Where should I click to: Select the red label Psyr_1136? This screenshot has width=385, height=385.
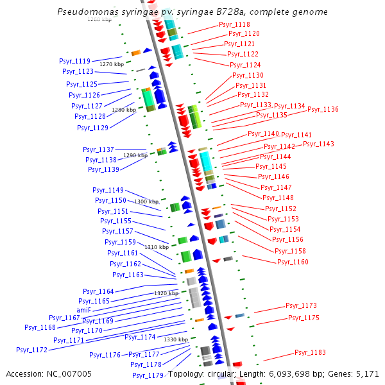tap(323, 109)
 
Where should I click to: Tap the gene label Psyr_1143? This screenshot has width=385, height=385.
tap(318, 144)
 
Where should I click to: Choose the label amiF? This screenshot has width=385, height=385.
tap(93, 309)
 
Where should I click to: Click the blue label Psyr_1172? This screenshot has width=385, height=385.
tap(32, 350)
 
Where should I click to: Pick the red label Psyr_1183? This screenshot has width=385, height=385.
tap(310, 352)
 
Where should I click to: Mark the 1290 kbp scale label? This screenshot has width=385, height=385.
tap(135, 155)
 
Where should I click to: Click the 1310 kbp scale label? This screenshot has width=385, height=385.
tap(157, 247)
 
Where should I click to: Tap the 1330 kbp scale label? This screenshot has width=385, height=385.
tap(176, 339)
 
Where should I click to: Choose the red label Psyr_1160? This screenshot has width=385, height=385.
tap(293, 262)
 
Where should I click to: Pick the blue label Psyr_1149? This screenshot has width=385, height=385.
tap(108, 190)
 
